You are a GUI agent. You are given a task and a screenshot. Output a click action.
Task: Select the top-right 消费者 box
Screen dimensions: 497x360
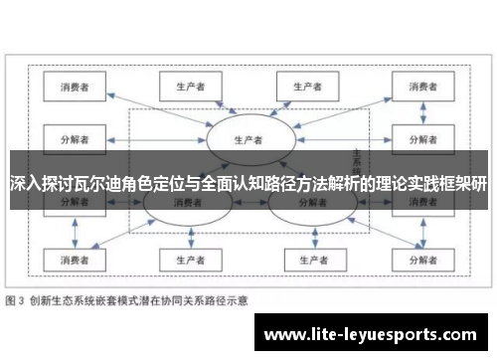[x=420, y=88]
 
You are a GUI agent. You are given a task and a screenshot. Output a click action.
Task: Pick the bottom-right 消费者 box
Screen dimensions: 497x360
[x=420, y=261]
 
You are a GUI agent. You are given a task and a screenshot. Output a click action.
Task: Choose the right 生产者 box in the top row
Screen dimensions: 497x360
[x=305, y=88]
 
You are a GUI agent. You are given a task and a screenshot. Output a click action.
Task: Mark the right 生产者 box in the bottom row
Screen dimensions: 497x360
[x=305, y=261]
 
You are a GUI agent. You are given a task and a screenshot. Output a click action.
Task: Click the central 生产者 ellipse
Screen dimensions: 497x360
[x=247, y=138]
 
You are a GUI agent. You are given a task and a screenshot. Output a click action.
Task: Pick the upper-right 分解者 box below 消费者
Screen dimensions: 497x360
[x=420, y=138]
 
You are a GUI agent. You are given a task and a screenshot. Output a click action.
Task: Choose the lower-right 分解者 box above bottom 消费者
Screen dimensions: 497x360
[x=420, y=205]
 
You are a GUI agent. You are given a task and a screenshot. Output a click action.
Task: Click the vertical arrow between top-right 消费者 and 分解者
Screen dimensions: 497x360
[x=420, y=112]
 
